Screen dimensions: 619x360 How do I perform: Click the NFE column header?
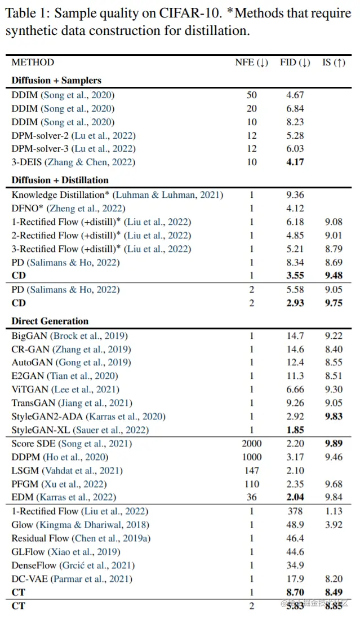(251, 63)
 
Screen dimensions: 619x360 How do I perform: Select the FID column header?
(295, 63)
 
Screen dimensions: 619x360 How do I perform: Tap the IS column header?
(333, 63)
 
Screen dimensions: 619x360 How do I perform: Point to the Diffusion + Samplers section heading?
(56, 81)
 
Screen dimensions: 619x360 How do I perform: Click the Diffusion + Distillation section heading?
(60, 180)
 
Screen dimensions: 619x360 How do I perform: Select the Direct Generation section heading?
(50, 321)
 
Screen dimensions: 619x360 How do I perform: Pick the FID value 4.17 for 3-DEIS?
(295, 162)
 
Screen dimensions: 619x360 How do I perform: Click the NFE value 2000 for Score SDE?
(251, 444)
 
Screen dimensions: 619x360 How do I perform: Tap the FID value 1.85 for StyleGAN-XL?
(295, 430)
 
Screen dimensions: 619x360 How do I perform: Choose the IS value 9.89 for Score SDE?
(333, 444)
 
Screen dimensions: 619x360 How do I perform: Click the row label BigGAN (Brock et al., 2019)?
(69, 335)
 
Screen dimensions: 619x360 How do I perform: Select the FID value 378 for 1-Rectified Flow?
(295, 511)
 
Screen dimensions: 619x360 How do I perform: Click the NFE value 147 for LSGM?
(251, 471)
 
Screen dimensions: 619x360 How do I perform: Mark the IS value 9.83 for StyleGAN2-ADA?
(333, 417)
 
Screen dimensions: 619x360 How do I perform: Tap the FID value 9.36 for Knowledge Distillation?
(295, 195)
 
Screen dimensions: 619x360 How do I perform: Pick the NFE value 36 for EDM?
(251, 497)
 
